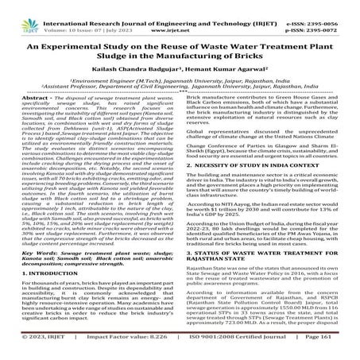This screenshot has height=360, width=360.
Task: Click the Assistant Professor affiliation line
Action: (180, 86)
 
